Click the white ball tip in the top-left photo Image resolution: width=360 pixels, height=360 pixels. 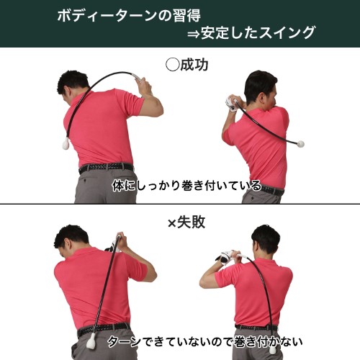66,144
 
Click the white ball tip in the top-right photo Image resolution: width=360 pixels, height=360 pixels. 300,144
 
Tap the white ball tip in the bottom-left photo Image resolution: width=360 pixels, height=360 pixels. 91,341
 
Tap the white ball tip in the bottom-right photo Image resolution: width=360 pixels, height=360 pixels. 272,350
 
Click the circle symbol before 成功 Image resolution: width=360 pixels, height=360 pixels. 173,65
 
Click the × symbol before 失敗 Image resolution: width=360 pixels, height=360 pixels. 172,224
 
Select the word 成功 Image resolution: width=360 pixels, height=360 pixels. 194,65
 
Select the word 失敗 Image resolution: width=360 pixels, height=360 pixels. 191,222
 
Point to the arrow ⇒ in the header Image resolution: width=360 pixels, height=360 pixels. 194,34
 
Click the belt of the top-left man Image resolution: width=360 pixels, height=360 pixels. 106,167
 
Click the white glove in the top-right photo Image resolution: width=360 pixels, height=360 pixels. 231,104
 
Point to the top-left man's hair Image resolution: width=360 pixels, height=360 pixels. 73,81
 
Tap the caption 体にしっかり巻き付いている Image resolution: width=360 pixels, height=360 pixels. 186,186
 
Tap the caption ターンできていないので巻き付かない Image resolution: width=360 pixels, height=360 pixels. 204,341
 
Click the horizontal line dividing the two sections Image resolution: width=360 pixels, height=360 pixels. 180,204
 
